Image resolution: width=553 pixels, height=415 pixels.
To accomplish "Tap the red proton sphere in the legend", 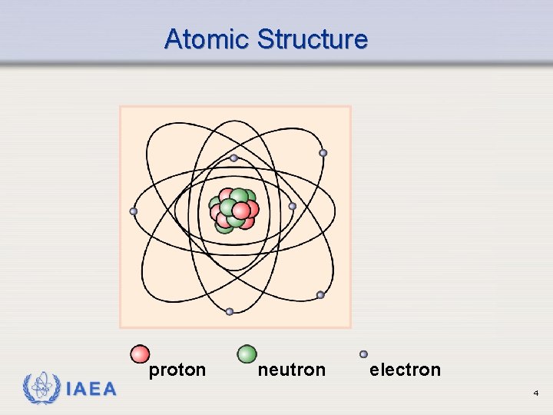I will pos(140,354).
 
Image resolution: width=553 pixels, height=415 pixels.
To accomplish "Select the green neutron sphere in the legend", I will pos(247,354).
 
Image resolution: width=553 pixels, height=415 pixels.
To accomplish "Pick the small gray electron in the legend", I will pos(363,354).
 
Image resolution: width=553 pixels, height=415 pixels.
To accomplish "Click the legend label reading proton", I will pos(177,370).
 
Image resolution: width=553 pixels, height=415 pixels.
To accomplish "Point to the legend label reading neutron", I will pos(291,370).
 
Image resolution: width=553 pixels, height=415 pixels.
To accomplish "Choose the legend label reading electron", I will pos(405,370).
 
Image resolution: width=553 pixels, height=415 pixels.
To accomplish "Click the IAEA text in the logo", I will pos(91,389).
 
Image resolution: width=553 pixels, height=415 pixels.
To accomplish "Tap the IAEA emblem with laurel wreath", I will pos(41,388).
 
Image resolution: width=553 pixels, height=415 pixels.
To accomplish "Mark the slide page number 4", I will pos(535,393).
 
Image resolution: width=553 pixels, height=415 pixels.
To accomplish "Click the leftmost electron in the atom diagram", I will pos(134,211).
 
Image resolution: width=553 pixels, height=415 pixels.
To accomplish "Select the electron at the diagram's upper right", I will pos(323,153).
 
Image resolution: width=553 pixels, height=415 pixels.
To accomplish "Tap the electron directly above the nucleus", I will pos(233,158).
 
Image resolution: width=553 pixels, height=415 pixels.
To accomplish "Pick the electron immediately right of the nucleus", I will pos(292,206).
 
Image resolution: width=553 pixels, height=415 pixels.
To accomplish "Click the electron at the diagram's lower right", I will pos(320,295).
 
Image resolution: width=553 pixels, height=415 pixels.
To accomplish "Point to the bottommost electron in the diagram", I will pos(230,311).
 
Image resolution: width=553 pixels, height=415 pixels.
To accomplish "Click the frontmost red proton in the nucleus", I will pos(241,210).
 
